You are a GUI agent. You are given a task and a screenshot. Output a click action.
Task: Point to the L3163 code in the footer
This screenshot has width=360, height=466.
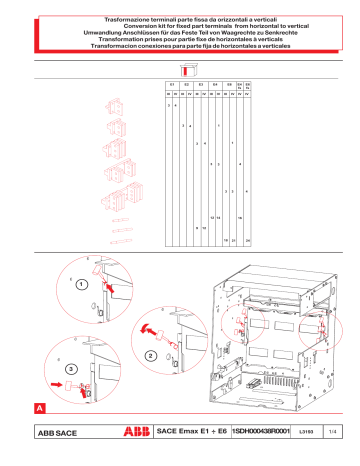pyautogui.click(x=306, y=432)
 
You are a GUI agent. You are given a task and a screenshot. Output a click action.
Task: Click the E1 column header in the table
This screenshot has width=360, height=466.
pyautogui.click(x=172, y=84)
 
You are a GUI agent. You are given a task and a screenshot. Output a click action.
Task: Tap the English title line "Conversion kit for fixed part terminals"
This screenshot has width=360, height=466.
pyautogui.click(x=180, y=27)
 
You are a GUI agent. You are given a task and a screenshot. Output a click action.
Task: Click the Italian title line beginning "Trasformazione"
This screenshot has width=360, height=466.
pyautogui.click(x=180, y=20)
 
